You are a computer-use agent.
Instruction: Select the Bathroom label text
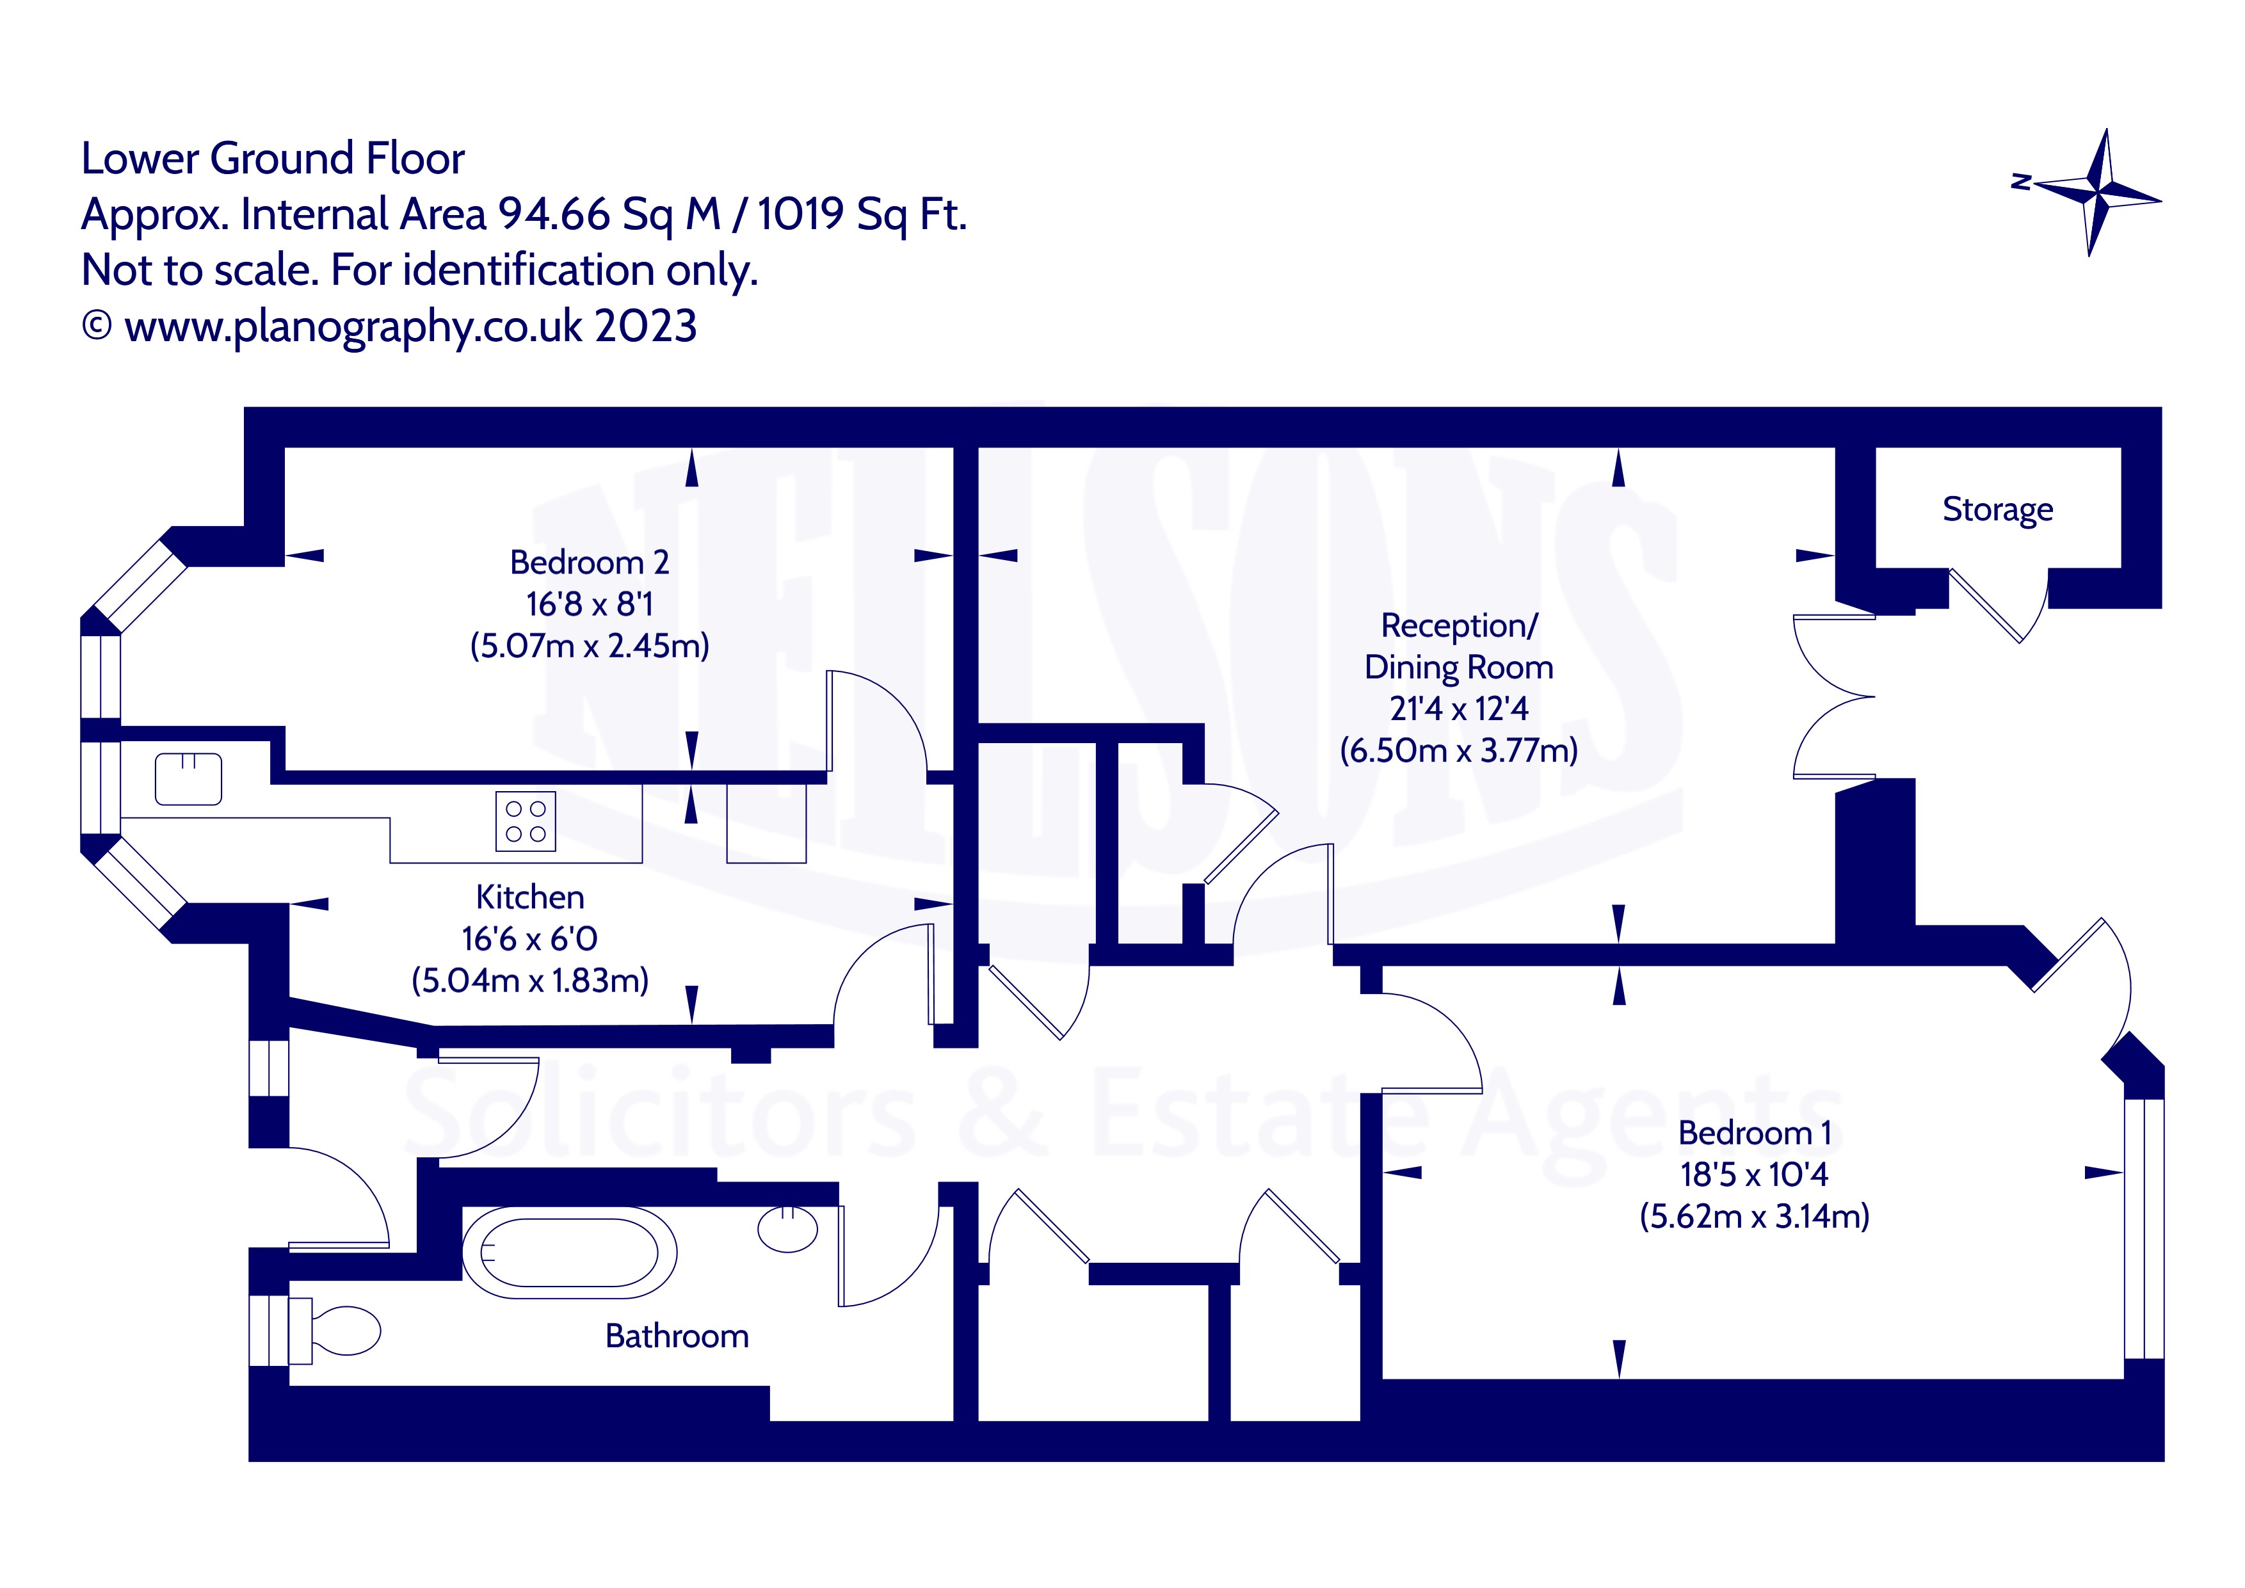point(677,1336)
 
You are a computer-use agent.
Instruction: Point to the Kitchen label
point(530,897)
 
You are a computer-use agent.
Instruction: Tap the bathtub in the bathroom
point(568,1253)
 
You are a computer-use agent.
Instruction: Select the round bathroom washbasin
point(787,1229)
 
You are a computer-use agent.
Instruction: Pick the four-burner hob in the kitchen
point(526,821)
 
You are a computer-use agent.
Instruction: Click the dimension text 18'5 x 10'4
point(1754,1175)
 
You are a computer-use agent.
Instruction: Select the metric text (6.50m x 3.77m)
point(1459,750)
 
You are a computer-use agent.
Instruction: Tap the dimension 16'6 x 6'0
point(530,939)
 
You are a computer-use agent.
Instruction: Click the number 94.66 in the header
point(554,214)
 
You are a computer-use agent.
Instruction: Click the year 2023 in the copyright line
point(645,326)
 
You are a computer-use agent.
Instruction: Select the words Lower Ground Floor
point(273,158)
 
